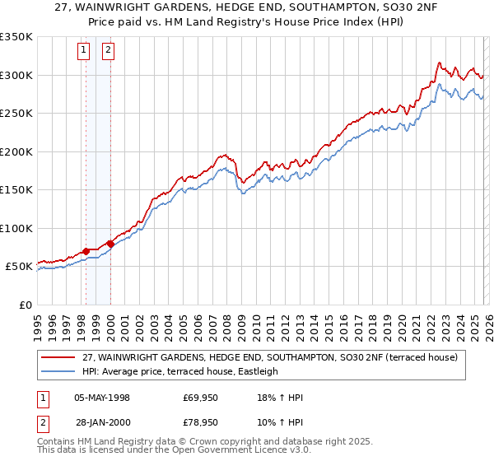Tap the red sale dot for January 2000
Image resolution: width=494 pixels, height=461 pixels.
pos(110,244)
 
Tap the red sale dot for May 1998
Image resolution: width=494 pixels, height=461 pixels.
pos(86,251)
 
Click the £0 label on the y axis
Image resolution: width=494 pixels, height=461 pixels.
pos(25,305)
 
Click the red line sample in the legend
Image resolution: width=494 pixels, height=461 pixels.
pos(58,357)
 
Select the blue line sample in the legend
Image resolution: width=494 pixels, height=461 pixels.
pos(58,371)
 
